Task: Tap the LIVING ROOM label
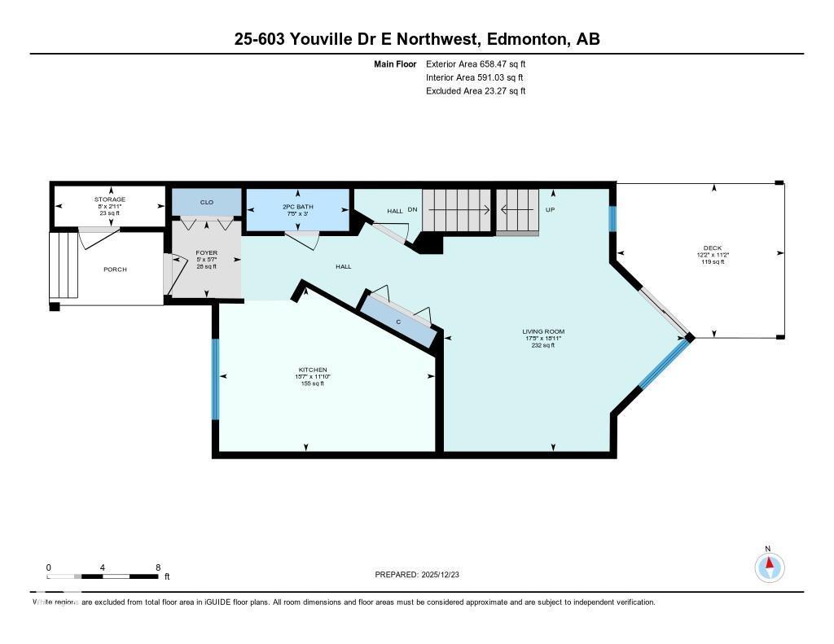(543, 331)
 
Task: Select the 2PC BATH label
(297, 207)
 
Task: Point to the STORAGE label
(109, 199)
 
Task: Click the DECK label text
(713, 248)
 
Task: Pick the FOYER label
(206, 253)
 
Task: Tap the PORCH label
(115, 269)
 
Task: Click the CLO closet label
(207, 202)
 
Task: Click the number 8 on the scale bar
(157, 567)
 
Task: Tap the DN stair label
(412, 210)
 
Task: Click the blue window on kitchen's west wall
(216, 379)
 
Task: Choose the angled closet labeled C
(398, 321)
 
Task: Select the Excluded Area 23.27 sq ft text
(475, 91)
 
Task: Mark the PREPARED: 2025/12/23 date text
(422, 575)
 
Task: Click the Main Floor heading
(395, 64)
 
